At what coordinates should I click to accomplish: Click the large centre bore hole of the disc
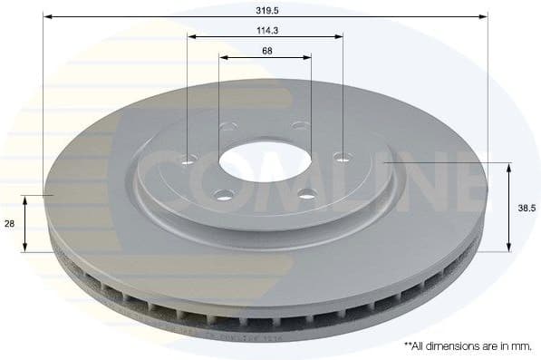264,162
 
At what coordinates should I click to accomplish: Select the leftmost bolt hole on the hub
188,161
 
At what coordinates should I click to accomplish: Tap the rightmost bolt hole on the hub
341,158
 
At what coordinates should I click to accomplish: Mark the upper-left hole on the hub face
227,127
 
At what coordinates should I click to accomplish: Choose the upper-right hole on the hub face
301,125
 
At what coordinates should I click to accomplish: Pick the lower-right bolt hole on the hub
306,192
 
